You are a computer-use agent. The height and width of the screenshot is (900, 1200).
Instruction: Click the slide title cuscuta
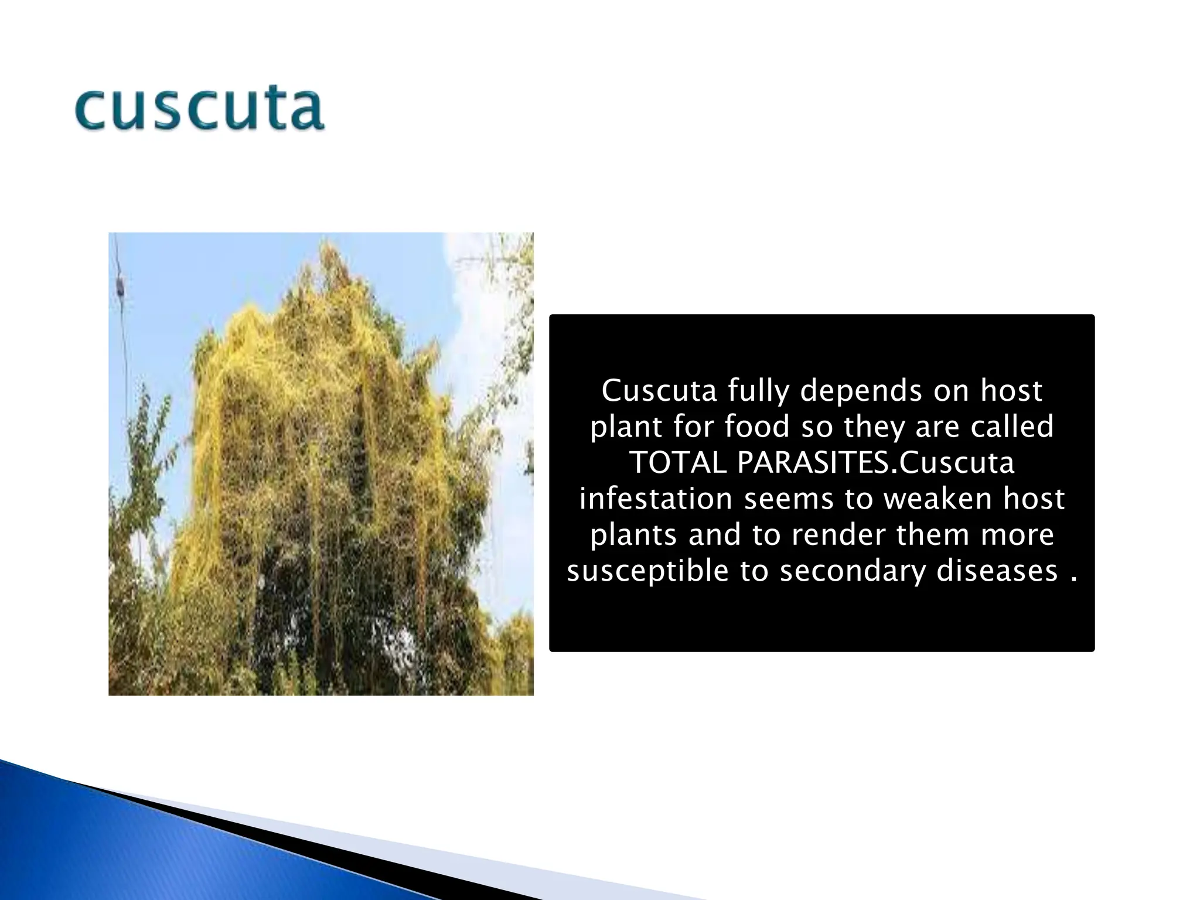[199, 109]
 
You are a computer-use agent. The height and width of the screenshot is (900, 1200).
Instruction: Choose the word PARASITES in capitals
[814, 463]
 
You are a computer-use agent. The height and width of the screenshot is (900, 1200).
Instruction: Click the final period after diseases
[1073, 579]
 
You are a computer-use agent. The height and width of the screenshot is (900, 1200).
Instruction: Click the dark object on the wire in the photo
[120, 287]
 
